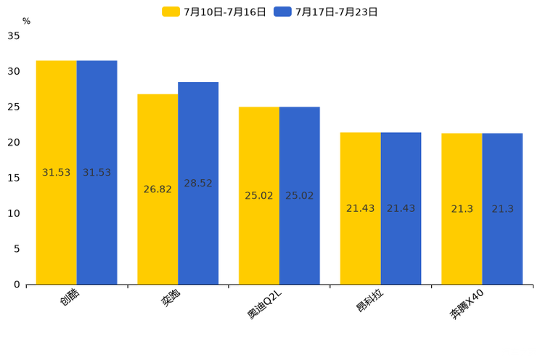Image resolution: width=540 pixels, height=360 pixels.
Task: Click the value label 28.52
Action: pos(198,184)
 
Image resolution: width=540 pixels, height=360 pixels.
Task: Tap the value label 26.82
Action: pos(157,189)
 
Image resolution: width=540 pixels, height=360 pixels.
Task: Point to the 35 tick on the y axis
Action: pos(14,36)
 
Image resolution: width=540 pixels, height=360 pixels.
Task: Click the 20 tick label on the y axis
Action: pos(14,142)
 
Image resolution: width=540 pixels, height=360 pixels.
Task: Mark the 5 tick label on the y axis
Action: pos(17,249)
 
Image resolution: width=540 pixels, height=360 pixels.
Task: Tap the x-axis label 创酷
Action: pos(70,298)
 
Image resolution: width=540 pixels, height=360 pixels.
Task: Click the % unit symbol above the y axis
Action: pos(26,21)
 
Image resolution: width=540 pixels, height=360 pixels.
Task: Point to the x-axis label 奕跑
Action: pos(171,298)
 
